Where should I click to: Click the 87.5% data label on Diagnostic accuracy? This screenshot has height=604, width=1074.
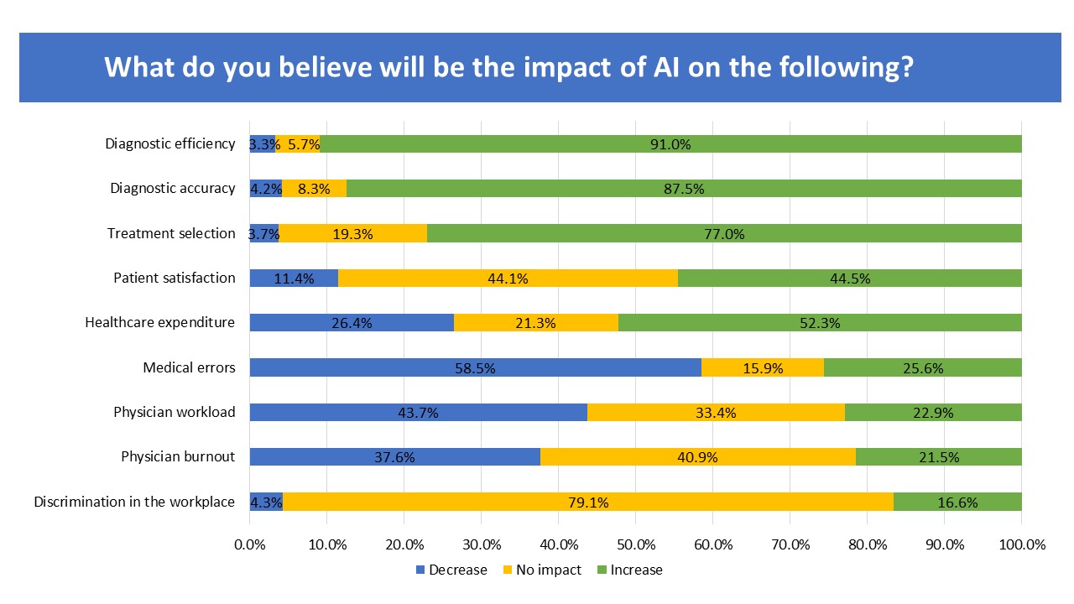coord(683,189)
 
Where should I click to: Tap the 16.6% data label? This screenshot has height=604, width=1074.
coord(957,502)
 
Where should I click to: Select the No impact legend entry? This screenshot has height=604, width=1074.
coord(543,570)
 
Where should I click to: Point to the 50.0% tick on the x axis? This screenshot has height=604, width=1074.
coord(636,544)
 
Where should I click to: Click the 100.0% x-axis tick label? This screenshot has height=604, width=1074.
coord(1021,544)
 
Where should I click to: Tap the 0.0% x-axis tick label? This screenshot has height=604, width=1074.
coord(250,544)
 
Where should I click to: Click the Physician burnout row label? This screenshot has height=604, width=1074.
coord(178,457)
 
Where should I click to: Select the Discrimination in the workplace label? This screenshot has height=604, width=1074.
coord(134,502)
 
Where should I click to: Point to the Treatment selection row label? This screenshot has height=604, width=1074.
coord(171,233)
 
